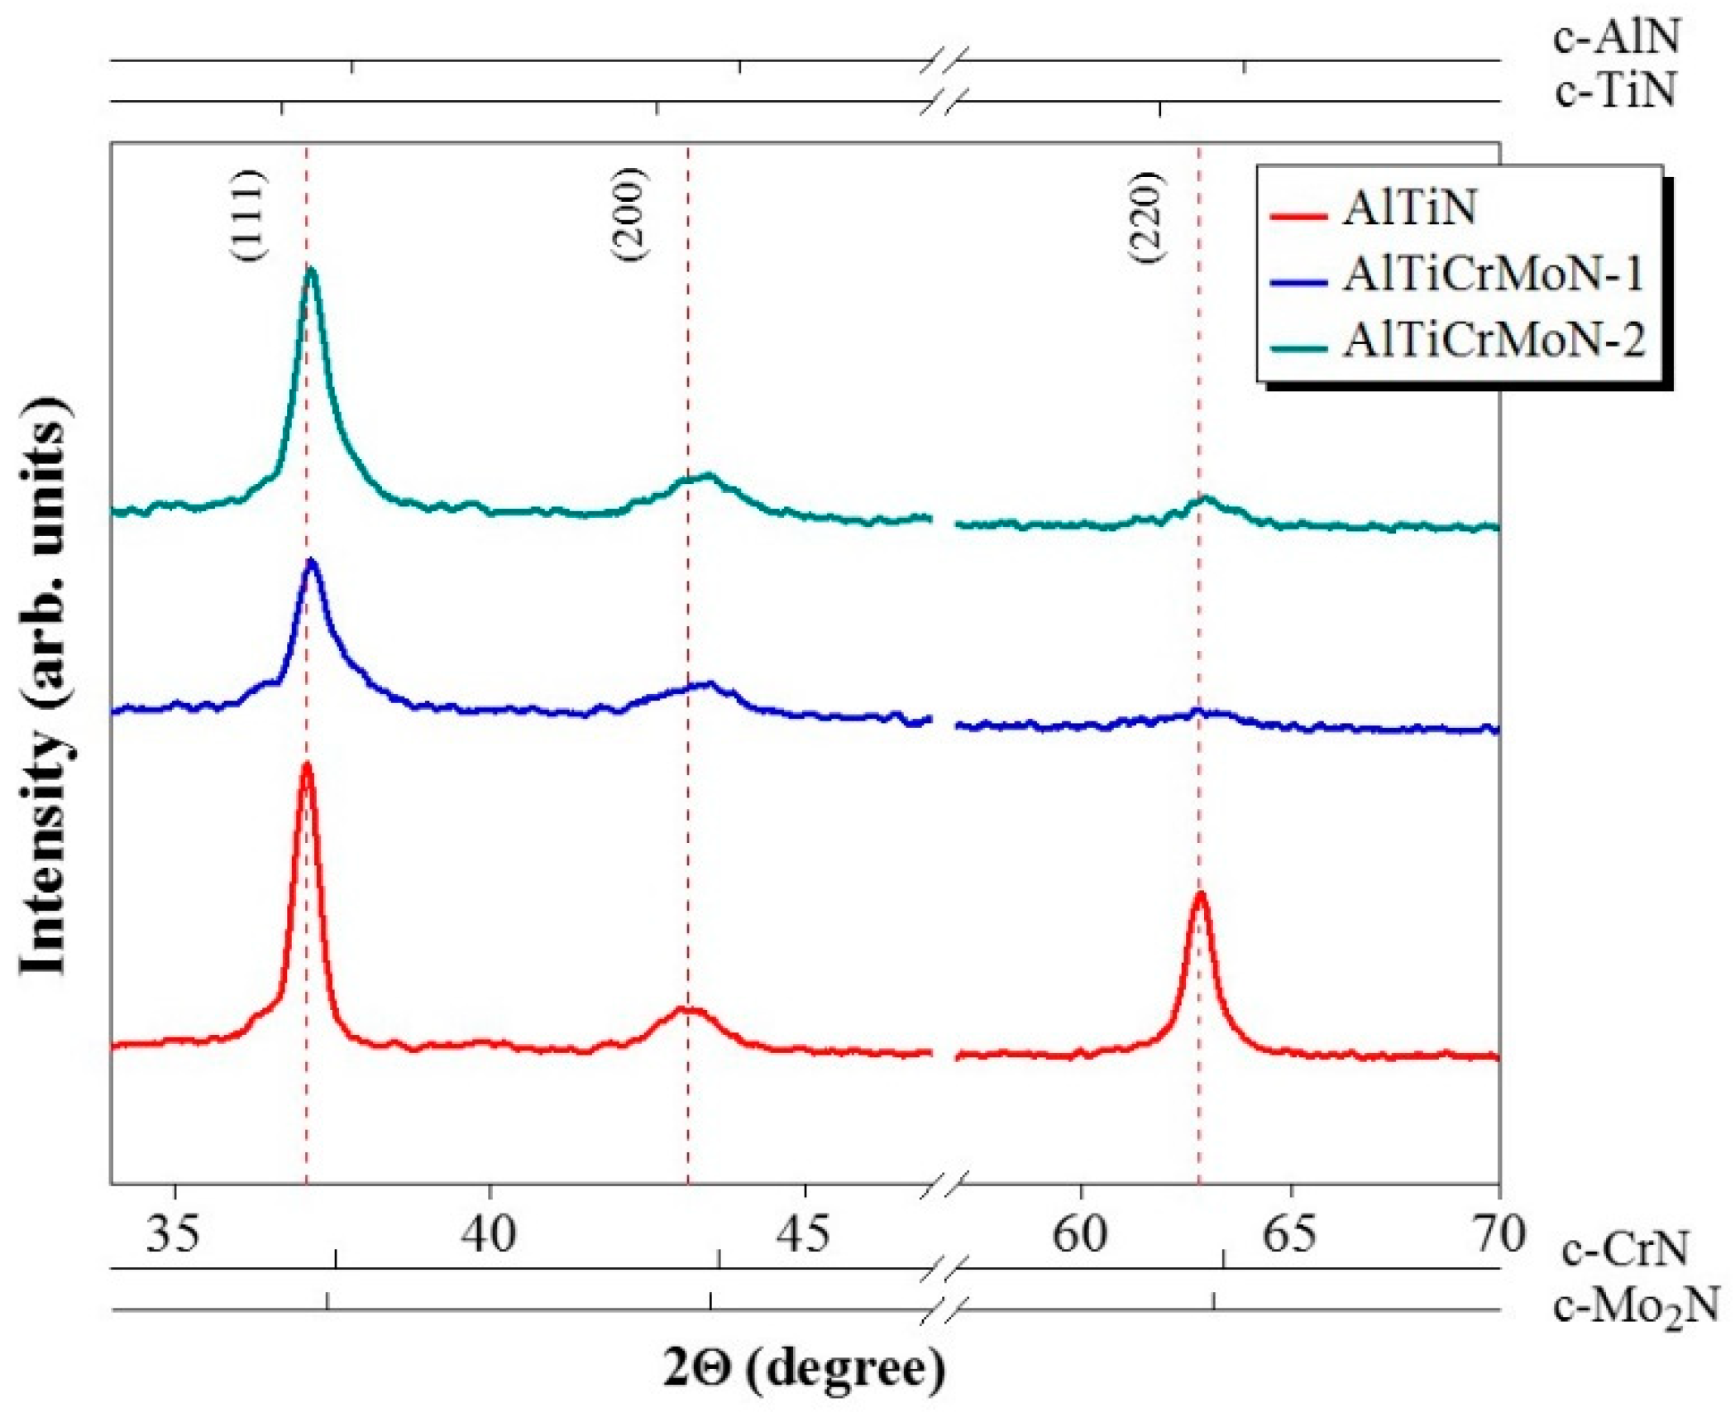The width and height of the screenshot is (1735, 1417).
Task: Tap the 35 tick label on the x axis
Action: (174, 1234)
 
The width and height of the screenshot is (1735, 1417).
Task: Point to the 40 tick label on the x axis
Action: (490, 1234)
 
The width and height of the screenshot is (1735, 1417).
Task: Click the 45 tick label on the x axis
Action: (804, 1234)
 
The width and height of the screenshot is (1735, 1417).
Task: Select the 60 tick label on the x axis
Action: (1080, 1234)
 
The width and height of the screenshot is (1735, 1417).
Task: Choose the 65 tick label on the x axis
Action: (1289, 1234)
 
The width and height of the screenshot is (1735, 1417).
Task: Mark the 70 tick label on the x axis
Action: (1498, 1234)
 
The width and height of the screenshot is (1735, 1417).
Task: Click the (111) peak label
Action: (247, 216)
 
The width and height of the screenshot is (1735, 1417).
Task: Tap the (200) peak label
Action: (629, 216)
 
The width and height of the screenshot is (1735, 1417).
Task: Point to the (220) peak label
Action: (1147, 218)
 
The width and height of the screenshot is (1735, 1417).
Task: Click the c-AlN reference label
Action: (1616, 38)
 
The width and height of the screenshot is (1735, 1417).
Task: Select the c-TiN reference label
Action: (1614, 90)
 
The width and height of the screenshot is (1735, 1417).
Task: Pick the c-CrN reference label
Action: (1624, 1250)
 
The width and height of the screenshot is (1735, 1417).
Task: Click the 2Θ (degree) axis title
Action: (804, 1369)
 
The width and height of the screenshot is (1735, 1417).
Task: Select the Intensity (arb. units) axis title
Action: (45, 687)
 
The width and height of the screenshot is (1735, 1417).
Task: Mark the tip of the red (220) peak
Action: (1200, 894)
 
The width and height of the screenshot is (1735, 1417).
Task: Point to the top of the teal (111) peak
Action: (311, 270)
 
